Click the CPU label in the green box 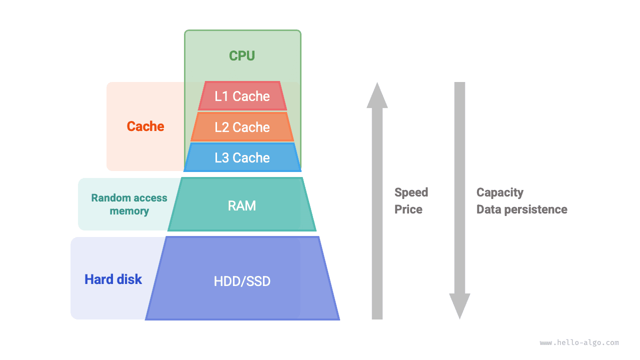click(242, 55)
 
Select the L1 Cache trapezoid click(242, 96)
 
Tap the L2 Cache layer click(242, 127)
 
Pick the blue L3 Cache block click(242, 157)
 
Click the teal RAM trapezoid click(242, 205)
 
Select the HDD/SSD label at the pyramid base click(242, 281)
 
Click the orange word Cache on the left click(145, 126)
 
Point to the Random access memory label click(129, 204)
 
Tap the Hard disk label click(113, 279)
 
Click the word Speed click(411, 192)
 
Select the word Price click(408, 209)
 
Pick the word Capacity click(499, 192)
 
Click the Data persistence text click(521, 209)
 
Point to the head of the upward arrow click(377, 95)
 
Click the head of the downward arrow click(459, 305)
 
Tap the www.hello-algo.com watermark click(579, 343)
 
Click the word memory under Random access click(129, 211)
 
